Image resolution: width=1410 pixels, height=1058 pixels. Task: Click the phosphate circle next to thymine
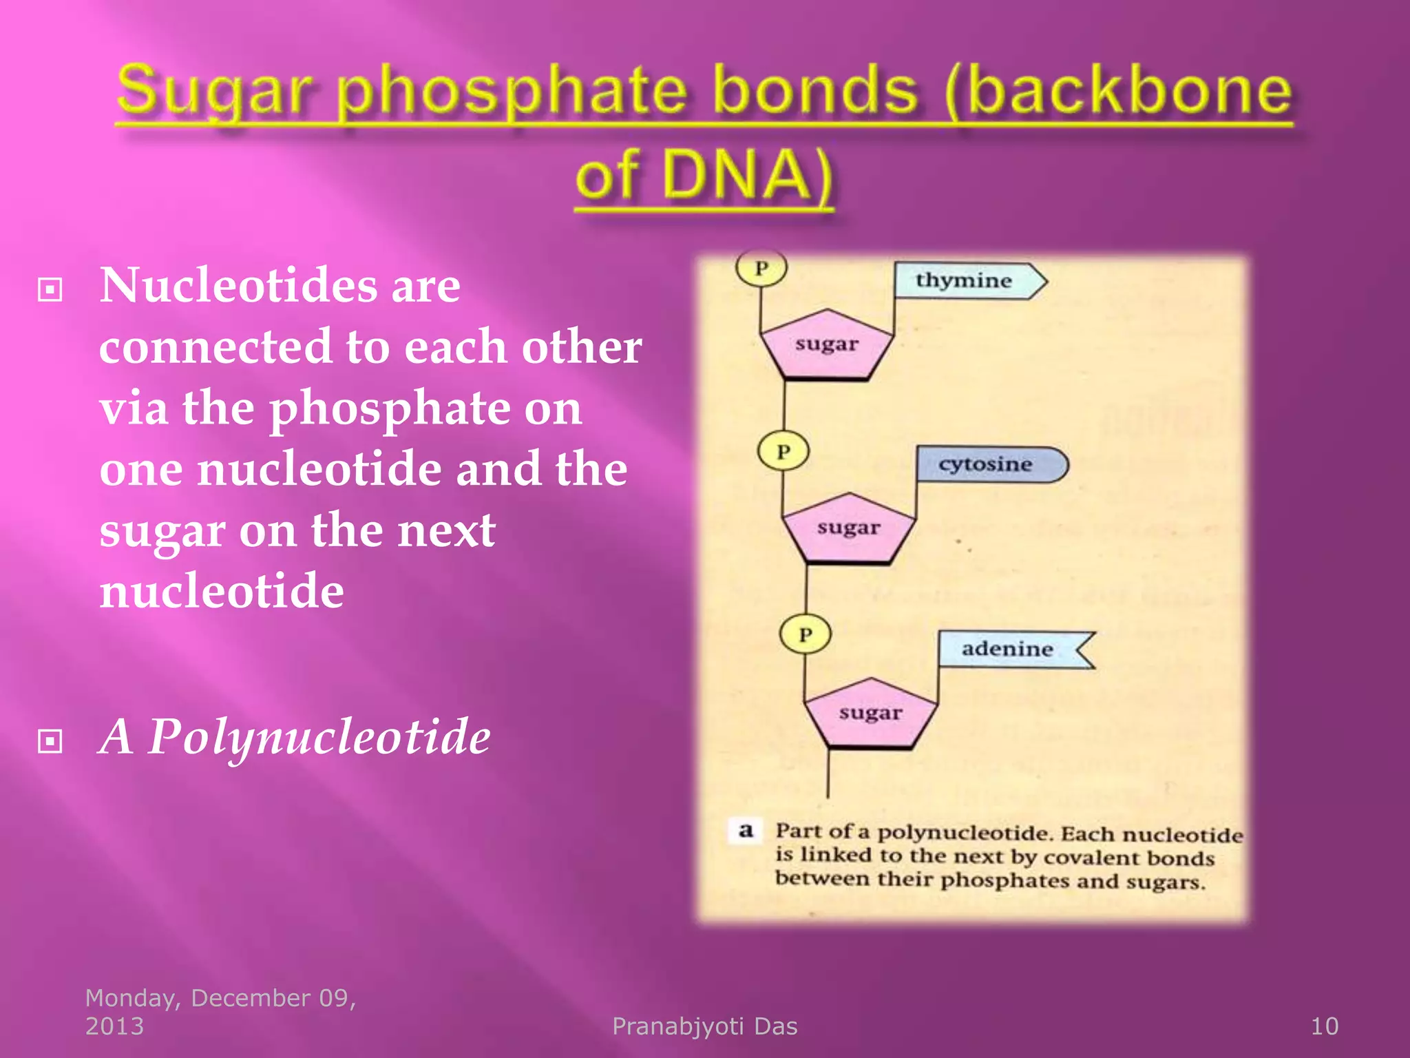(761, 268)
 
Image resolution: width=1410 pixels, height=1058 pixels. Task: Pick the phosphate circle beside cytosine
(783, 452)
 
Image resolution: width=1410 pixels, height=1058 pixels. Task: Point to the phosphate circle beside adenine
(805, 634)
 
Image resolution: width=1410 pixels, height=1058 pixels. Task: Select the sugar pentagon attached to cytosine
(848, 529)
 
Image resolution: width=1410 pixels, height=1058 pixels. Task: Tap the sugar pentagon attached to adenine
(870, 714)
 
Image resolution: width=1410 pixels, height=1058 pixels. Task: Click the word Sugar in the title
(213, 93)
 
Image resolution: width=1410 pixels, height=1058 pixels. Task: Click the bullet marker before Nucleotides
(50, 289)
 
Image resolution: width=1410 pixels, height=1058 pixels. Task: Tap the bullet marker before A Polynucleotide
(50, 741)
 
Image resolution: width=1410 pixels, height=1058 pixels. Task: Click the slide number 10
(1324, 1026)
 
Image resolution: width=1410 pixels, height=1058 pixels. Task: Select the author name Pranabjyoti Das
(704, 1026)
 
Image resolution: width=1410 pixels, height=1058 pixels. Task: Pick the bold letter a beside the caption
(746, 831)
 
